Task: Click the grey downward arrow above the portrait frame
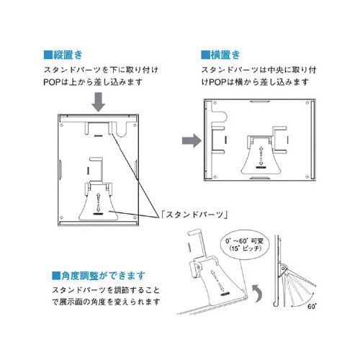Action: click(x=99, y=102)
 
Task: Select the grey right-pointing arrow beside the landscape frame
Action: click(x=192, y=140)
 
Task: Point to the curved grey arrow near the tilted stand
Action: click(x=258, y=293)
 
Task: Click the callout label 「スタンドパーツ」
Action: click(x=194, y=215)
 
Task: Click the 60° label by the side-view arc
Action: click(x=312, y=307)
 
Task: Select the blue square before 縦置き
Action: click(x=48, y=55)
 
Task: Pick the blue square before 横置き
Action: click(x=205, y=55)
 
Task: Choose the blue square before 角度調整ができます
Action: click(x=56, y=276)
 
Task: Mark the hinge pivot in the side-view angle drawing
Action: click(x=284, y=268)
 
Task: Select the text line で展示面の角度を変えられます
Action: click(x=106, y=302)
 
